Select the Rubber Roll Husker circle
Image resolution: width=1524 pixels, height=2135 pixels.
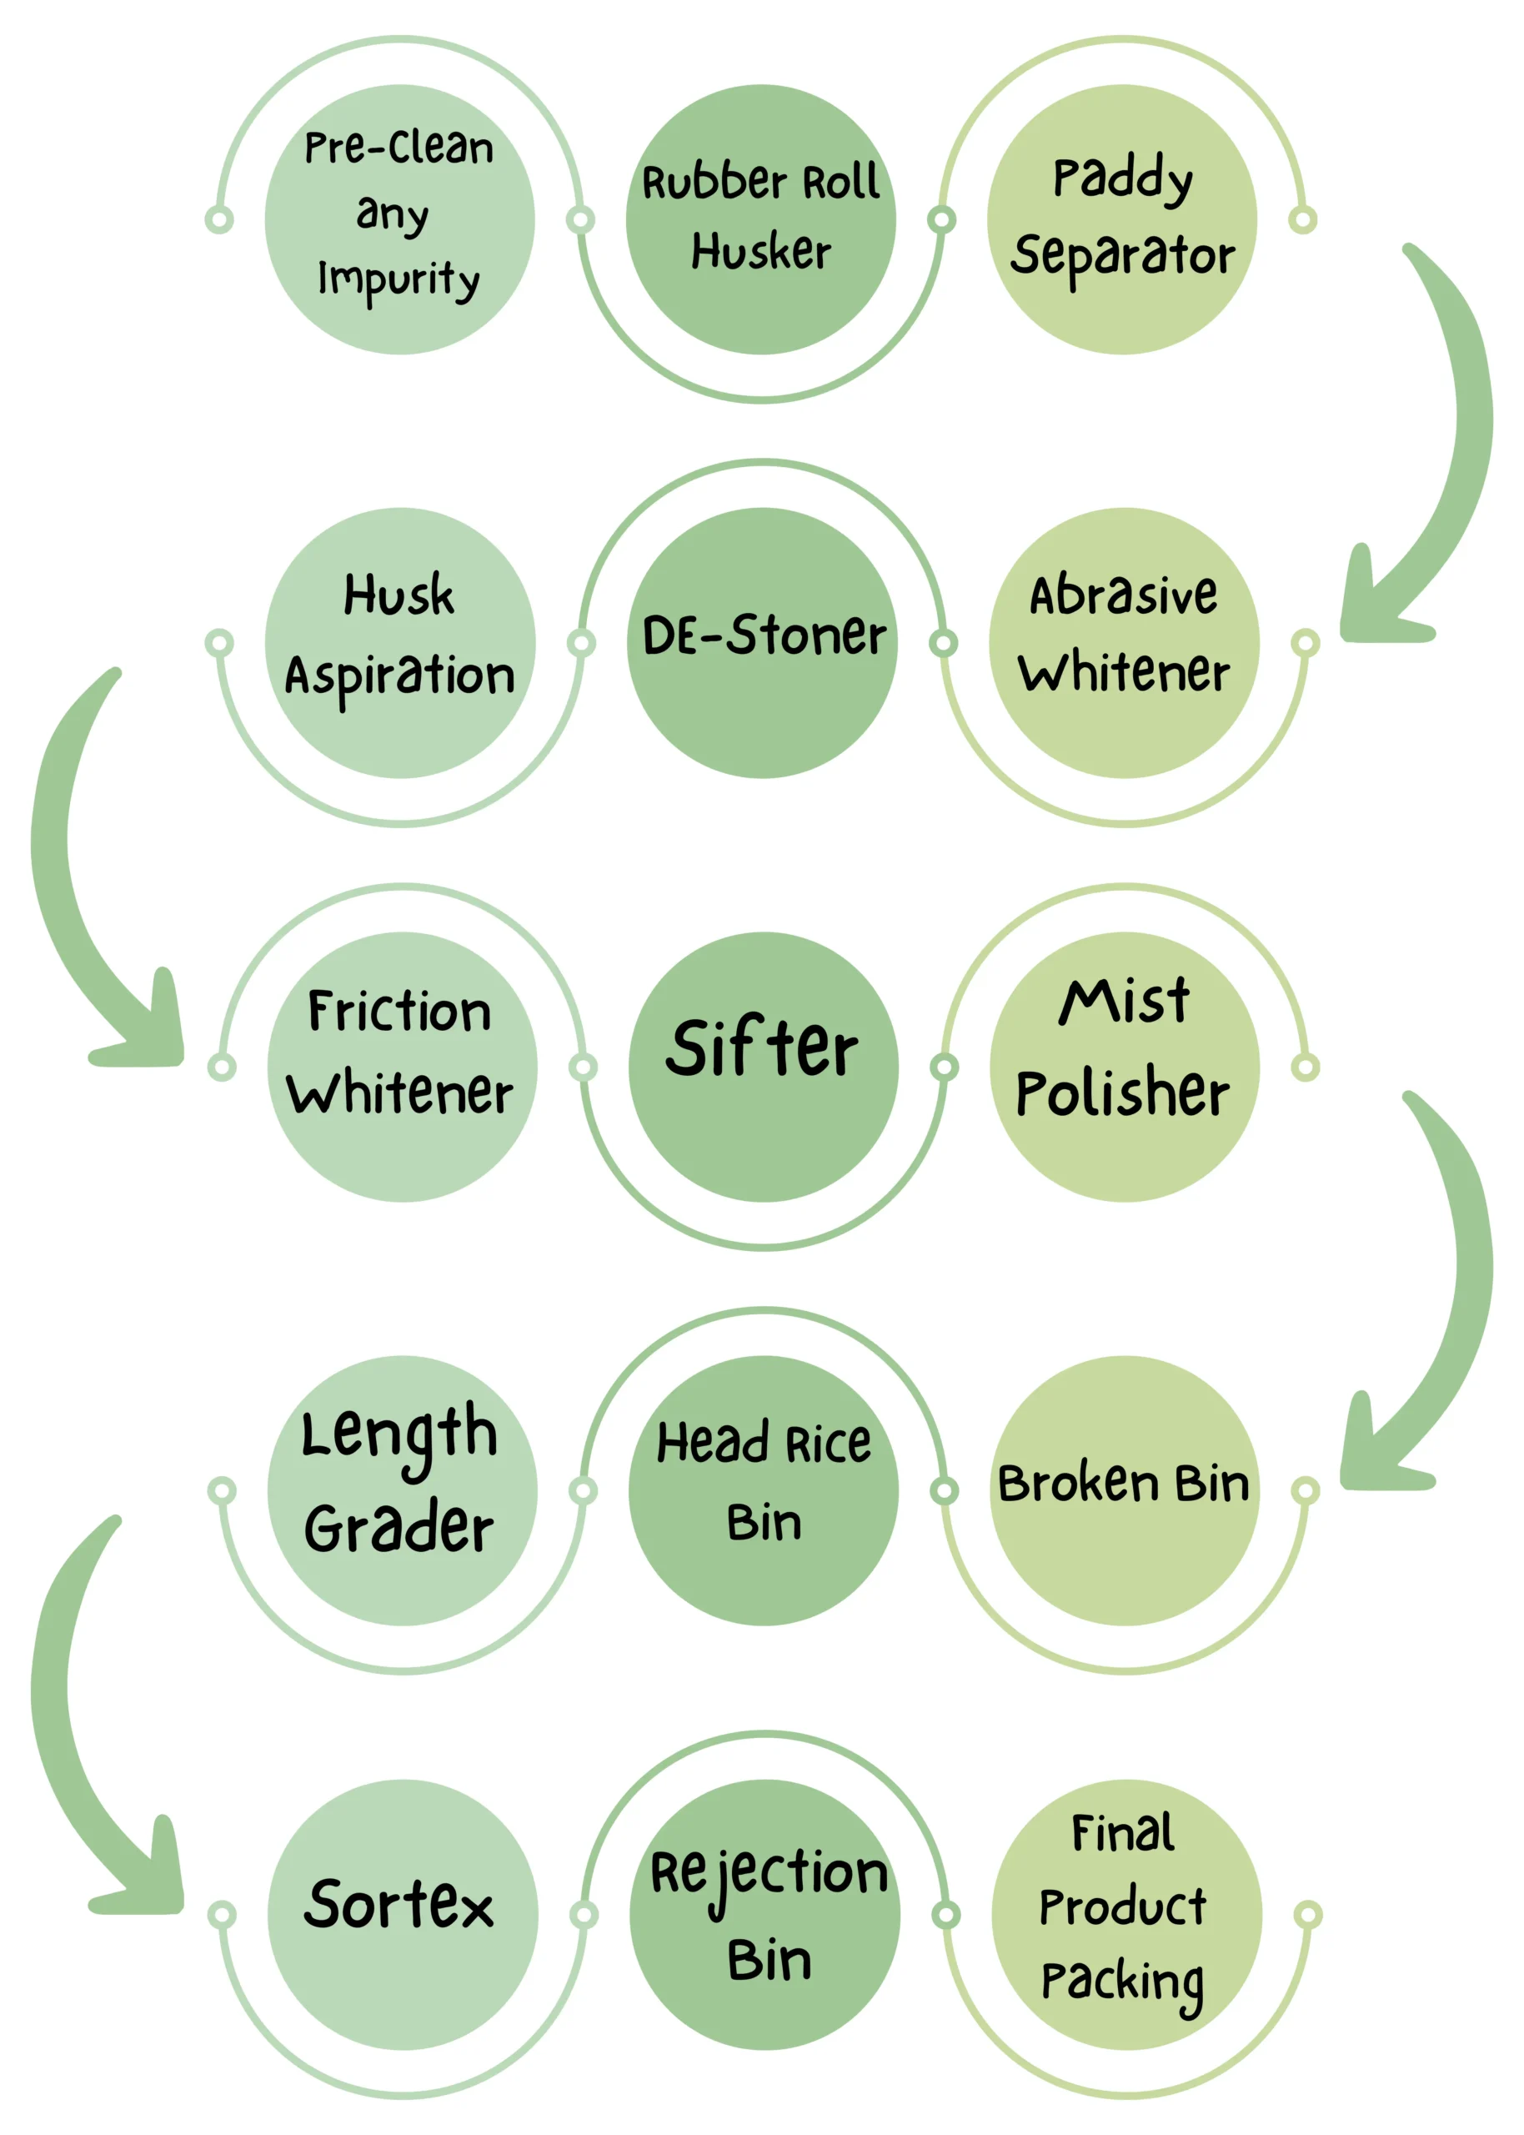[761, 219]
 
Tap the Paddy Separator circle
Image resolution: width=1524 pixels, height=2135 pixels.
[1122, 219]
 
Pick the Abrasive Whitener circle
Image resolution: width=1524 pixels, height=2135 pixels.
[1124, 643]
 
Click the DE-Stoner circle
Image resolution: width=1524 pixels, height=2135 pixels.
[762, 643]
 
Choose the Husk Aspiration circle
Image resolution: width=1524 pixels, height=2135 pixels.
[400, 643]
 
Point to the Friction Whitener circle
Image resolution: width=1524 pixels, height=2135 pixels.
[402, 1067]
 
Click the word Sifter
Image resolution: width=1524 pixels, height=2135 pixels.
[761, 1047]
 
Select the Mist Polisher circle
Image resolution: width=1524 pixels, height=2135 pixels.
[1124, 1067]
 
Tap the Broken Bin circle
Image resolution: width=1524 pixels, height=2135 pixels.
[1124, 1490]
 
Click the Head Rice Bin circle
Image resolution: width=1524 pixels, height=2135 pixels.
[763, 1490]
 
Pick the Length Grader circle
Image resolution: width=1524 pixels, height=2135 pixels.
[402, 1490]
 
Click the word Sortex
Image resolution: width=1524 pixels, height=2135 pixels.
[399, 1905]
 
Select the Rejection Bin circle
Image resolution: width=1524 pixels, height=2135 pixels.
[765, 1915]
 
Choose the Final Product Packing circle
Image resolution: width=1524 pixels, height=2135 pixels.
[1126, 1915]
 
